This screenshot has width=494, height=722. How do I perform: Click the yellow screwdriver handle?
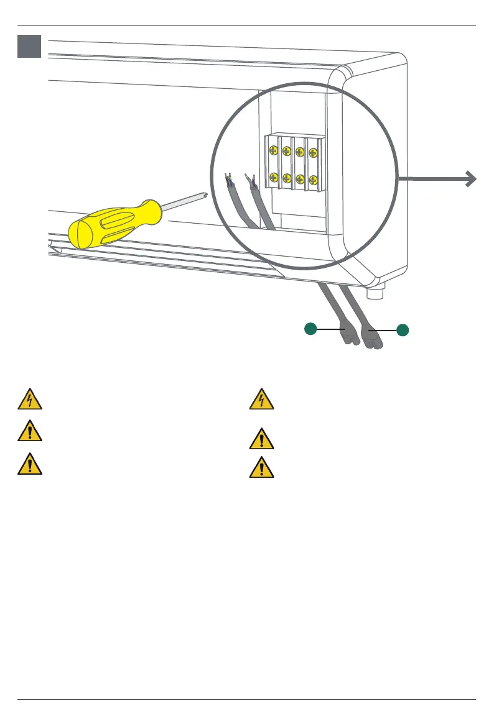(115, 224)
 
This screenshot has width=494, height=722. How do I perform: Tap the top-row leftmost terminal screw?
(274, 150)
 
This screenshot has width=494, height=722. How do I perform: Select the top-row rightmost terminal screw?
(313, 150)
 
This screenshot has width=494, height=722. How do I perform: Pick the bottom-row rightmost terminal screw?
(313, 179)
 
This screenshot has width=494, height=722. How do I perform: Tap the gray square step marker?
(29, 46)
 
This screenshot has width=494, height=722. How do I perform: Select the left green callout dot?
(311, 329)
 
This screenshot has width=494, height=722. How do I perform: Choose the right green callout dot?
(403, 331)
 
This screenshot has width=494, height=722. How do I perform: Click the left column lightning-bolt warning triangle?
(30, 400)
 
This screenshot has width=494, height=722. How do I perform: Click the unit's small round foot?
(376, 290)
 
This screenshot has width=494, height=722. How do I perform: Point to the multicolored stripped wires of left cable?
(228, 180)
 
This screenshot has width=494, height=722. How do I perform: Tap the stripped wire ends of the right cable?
(250, 181)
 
